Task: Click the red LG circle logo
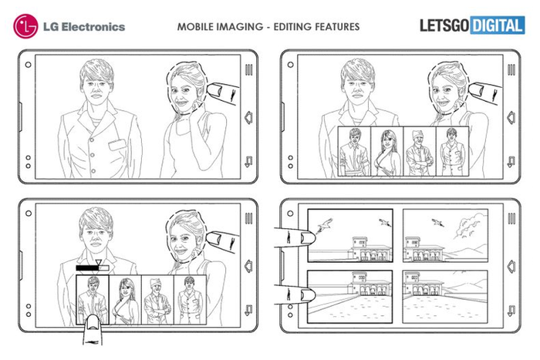click(25, 26)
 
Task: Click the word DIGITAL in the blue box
click(498, 25)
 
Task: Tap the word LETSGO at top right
click(444, 25)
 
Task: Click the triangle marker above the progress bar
click(99, 262)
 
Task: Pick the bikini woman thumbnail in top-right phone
click(386, 151)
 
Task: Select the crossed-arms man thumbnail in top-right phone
click(419, 151)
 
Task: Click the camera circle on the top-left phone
click(29, 65)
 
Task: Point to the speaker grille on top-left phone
click(248, 70)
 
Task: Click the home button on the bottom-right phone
click(511, 266)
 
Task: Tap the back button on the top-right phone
click(511, 161)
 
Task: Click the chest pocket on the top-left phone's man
click(117, 144)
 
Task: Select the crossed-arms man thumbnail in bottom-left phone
click(157, 300)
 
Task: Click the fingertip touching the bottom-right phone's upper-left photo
click(307, 238)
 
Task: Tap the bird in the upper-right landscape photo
click(437, 222)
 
